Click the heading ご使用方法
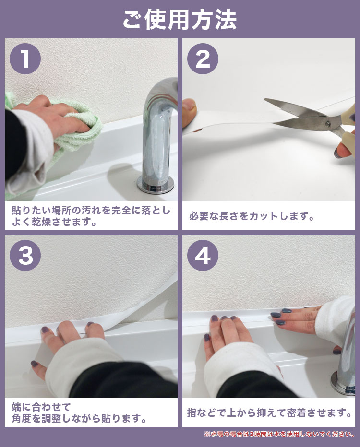pos(180,20)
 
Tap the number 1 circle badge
pos(25,59)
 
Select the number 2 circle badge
pos(203,59)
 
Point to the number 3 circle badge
pos(25,255)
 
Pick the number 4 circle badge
pos(203,255)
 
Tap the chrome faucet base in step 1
pos(156,184)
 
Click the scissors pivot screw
pos(328,124)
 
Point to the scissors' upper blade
pos(294,107)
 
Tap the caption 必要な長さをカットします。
pos(252,216)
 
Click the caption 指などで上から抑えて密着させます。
pos(269,412)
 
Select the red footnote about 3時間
pos(279,434)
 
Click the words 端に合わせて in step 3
pos(41,407)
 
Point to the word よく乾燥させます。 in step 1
pos(54,222)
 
